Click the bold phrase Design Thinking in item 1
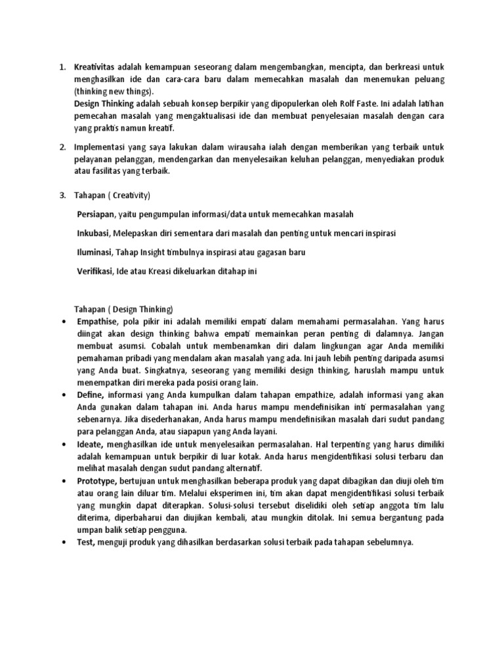[104, 104]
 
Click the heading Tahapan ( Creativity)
[114, 196]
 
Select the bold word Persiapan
[96, 215]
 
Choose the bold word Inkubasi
[93, 234]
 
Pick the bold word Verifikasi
[94, 271]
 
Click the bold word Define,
[91, 395]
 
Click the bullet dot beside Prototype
[63, 481]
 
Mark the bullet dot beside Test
[63, 543]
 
